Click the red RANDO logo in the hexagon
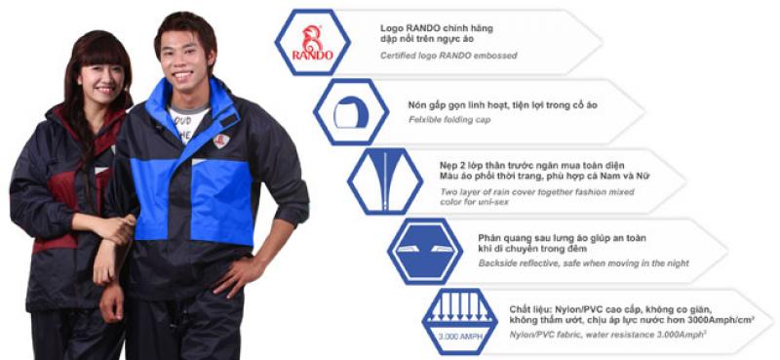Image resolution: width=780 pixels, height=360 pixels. pyautogui.click(x=312, y=42)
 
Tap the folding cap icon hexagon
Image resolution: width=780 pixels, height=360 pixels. pyautogui.click(x=351, y=112)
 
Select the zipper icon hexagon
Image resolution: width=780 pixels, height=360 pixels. pyautogui.click(x=385, y=181)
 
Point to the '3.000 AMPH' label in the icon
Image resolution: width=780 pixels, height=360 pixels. pyautogui.click(x=460, y=337)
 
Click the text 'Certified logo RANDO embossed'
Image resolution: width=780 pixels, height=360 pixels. pyautogui.click(x=448, y=56)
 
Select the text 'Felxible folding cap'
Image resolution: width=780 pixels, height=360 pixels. pyautogui.click(x=449, y=119)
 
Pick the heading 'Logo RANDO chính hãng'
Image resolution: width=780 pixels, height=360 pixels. pyautogui.click(x=437, y=28)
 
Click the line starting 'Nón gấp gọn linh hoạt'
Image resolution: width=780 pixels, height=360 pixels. pyautogui.click(x=502, y=105)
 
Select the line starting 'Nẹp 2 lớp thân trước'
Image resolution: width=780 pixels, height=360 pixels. pyautogui.click(x=531, y=165)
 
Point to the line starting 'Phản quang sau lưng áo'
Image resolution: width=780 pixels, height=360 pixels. pyautogui.click(x=563, y=238)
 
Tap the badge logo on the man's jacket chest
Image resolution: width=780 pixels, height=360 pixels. pyautogui.click(x=221, y=140)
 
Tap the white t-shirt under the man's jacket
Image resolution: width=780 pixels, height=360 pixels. pyautogui.click(x=187, y=122)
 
